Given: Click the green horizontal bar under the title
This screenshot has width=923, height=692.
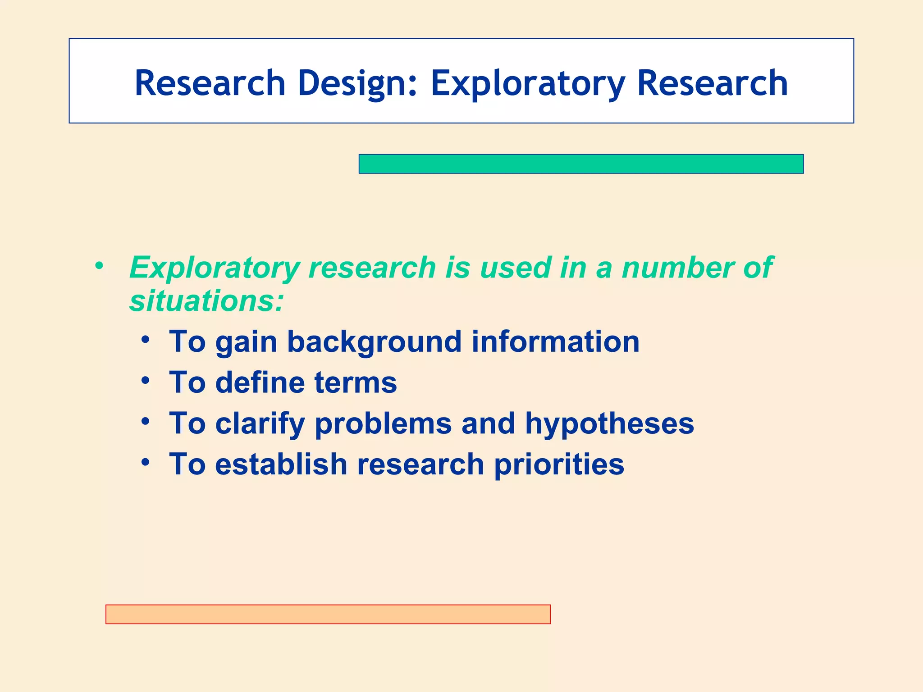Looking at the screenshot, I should click(581, 164).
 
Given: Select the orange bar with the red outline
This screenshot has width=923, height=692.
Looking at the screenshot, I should click(328, 614).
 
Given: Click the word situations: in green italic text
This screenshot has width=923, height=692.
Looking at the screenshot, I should click(206, 300).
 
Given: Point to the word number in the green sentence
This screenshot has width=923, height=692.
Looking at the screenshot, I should click(678, 268).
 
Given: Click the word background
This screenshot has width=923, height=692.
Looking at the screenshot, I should click(374, 341).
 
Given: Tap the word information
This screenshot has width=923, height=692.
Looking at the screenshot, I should click(555, 341).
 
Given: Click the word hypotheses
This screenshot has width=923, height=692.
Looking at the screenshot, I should click(609, 423).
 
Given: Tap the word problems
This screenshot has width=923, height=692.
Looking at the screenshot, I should click(383, 423).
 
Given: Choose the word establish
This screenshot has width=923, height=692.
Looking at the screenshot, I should click(281, 464).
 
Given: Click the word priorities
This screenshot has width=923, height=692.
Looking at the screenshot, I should click(559, 464).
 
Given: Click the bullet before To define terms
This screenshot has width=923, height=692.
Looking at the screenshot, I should click(145, 380).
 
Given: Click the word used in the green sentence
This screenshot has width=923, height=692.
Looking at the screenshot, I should click(516, 268).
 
